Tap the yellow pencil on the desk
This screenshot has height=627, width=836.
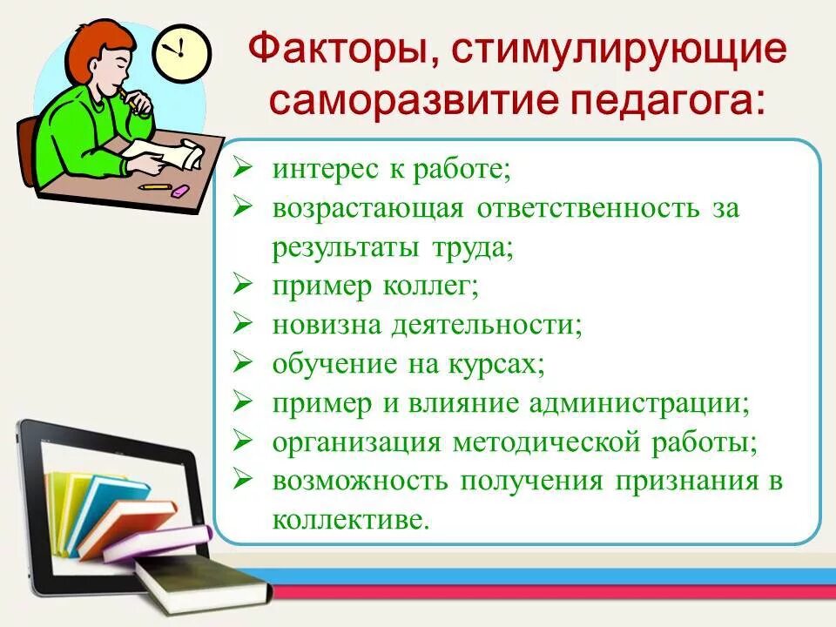click(154, 185)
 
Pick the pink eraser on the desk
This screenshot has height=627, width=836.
click(179, 190)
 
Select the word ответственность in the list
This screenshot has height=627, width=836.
click(587, 209)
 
